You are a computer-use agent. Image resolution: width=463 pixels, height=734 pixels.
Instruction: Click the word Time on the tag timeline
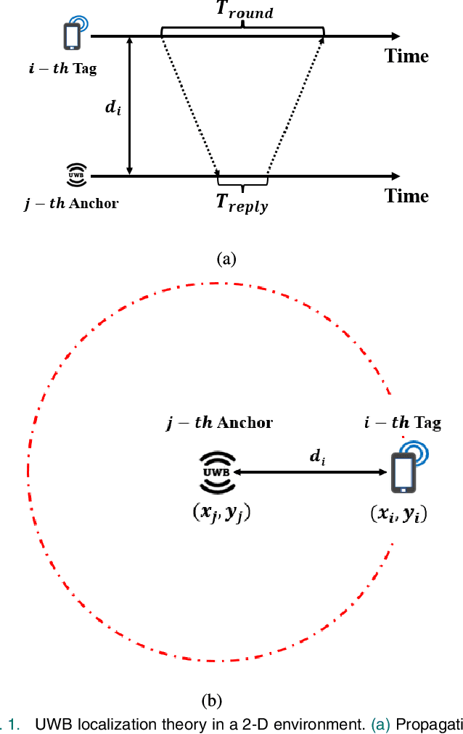[406, 56]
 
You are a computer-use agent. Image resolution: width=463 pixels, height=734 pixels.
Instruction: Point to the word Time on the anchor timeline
[406, 196]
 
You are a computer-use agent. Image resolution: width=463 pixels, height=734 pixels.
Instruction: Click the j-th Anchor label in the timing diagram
[71, 203]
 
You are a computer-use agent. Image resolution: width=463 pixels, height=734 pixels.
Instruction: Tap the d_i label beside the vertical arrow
[112, 108]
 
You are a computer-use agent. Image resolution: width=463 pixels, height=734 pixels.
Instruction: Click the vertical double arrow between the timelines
[130, 106]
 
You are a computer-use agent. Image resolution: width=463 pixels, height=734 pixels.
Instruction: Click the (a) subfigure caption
[226, 259]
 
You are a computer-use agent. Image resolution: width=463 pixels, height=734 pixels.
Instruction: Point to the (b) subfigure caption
[210, 701]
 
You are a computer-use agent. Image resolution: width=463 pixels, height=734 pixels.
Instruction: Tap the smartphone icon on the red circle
[403, 470]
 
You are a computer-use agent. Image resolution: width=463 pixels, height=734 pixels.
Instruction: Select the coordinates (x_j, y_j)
[217, 512]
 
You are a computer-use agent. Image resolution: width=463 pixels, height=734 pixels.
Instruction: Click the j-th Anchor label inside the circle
[220, 423]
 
